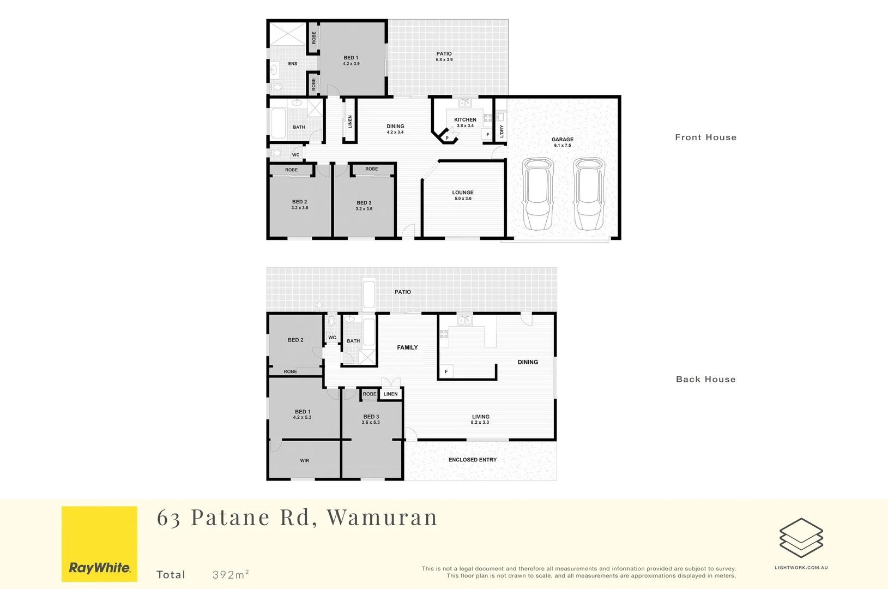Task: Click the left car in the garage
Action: (537, 195)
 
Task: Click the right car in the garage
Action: (589, 195)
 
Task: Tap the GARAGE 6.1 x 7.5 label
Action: (563, 142)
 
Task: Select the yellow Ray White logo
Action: (99, 544)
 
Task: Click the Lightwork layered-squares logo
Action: (801, 538)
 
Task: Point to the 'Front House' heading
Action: (705, 137)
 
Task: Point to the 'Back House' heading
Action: (705, 380)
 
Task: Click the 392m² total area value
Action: (231, 574)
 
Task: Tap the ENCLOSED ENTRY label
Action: (473, 460)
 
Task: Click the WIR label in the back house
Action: (304, 461)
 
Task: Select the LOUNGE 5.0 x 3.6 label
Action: (463, 195)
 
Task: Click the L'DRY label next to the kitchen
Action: (502, 131)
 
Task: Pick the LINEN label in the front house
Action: (350, 122)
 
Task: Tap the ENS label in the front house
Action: (293, 64)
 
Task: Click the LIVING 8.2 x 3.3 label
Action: (480, 419)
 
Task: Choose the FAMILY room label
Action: (407, 347)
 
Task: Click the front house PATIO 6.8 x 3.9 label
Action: (444, 57)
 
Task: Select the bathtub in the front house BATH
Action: (278, 124)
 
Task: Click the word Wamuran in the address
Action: (382, 517)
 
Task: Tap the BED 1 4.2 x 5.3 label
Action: (302, 414)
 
